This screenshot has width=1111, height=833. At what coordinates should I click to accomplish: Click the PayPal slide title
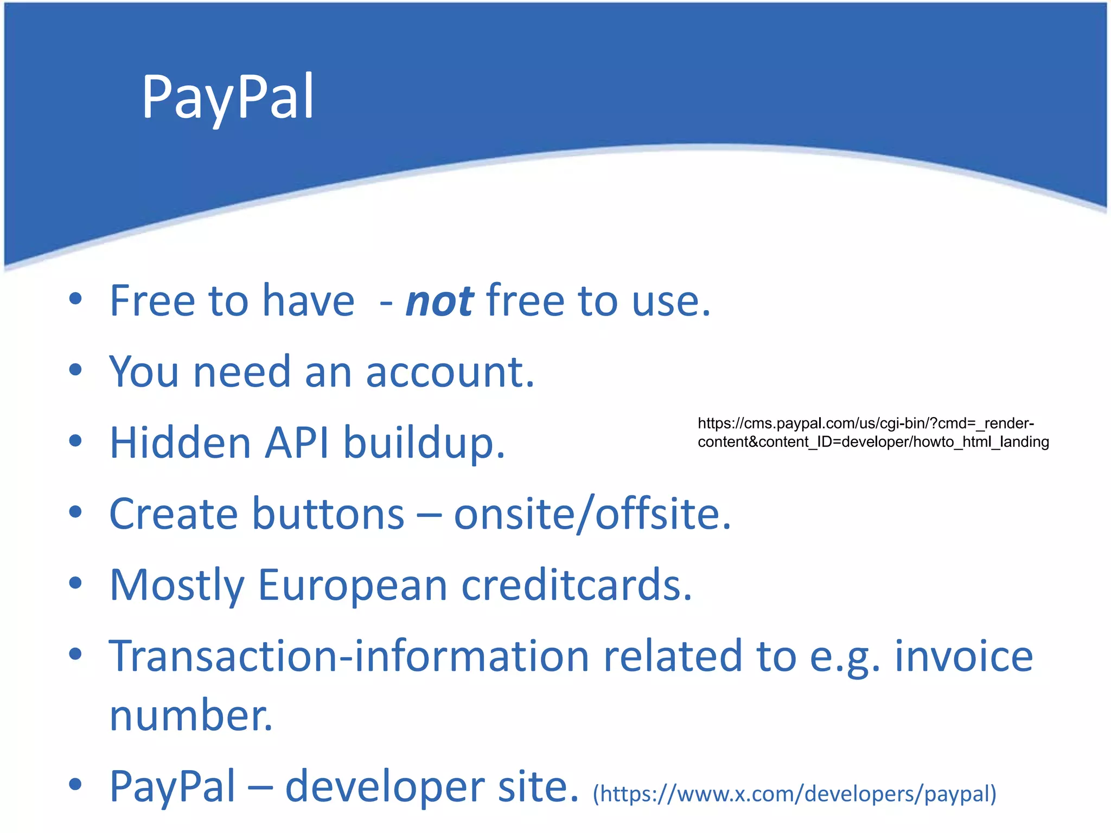[228, 98]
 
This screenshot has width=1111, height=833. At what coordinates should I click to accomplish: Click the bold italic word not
[439, 302]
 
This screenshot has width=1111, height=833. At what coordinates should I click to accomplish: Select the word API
[297, 443]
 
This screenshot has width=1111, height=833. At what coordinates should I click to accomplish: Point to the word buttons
[328, 514]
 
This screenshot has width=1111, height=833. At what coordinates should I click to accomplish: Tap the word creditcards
[576, 586]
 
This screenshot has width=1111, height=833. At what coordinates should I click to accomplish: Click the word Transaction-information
[349, 656]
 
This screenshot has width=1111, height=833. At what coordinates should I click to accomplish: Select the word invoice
[963, 656]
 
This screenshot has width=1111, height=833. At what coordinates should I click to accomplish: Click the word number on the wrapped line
[191, 716]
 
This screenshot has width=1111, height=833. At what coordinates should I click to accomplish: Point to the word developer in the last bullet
[385, 787]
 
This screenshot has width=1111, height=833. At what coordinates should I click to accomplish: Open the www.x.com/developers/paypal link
[794, 794]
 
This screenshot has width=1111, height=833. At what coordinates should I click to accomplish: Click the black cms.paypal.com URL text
[872, 433]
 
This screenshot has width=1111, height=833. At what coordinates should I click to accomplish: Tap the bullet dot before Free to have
[75, 299]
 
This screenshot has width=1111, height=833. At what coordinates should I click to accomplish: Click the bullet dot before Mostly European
[75, 583]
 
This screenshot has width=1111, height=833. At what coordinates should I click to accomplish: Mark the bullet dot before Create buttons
[75, 511]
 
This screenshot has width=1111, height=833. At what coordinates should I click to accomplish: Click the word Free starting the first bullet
[152, 302]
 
